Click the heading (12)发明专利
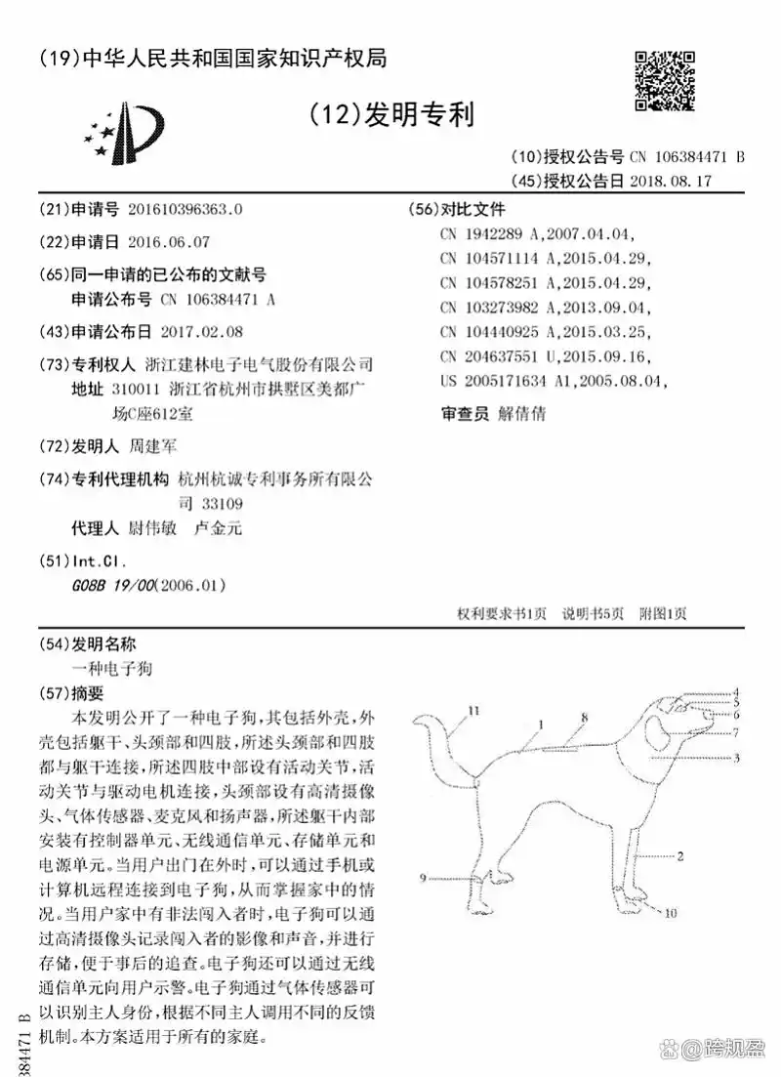coord(390,115)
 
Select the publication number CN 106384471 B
coord(686,156)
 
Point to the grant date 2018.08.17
coord(672,181)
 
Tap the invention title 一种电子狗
coord(112,669)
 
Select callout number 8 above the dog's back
coord(584,718)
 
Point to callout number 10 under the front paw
coord(671,914)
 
